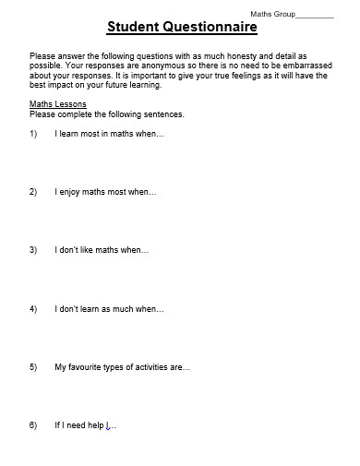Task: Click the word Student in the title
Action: [133, 28]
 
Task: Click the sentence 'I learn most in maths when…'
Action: [109, 134]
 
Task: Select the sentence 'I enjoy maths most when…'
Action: [105, 192]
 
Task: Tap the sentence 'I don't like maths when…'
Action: [102, 250]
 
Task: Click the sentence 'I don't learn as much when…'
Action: [108, 308]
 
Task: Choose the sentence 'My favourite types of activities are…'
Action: [122, 367]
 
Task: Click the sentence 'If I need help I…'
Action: [85, 425]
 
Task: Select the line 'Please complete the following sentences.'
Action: [106, 114]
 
